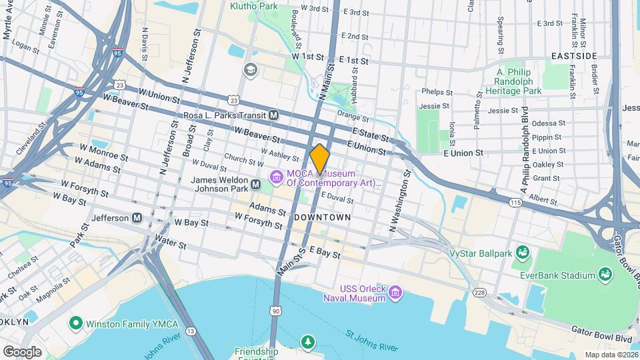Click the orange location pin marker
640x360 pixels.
320,159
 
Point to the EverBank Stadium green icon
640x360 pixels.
605,275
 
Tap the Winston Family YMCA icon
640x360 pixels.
75,325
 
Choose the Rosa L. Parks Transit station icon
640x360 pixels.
274,115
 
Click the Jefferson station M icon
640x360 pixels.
137,217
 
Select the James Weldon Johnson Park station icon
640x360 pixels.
255,183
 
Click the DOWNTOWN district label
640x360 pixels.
322,217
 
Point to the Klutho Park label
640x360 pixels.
254,6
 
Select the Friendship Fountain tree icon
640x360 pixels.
307,343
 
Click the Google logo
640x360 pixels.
22,351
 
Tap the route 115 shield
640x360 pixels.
515,202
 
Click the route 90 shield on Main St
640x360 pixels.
275,311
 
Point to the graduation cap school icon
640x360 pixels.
250,69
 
